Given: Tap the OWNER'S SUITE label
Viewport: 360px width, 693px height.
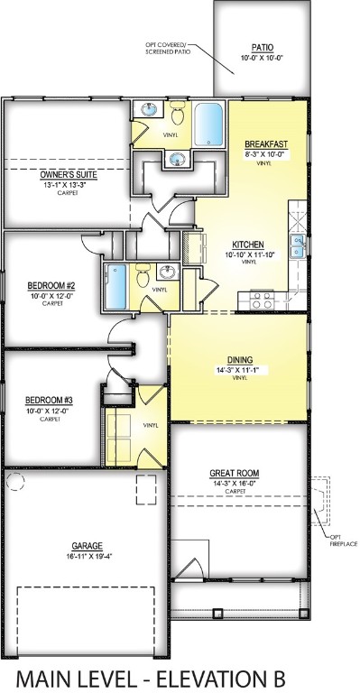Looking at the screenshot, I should click(x=69, y=174).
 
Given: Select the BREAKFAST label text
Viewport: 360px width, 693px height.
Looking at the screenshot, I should click(x=266, y=144).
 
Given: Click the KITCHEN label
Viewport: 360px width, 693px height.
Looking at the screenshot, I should click(x=247, y=245).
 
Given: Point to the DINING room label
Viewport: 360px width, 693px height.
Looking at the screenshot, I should click(x=238, y=357).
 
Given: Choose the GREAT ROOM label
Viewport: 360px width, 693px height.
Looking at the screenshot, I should click(x=235, y=472).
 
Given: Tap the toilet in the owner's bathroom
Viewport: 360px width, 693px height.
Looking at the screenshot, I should click(x=178, y=115).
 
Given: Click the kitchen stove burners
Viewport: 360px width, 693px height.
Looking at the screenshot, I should click(x=262, y=300).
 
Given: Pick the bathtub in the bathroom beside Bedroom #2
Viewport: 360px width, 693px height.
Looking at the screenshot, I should click(x=116, y=286).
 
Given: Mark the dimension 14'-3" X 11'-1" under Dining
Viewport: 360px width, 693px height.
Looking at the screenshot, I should click(x=238, y=369).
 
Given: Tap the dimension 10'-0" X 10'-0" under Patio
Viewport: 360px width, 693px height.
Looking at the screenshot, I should click(x=262, y=59).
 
